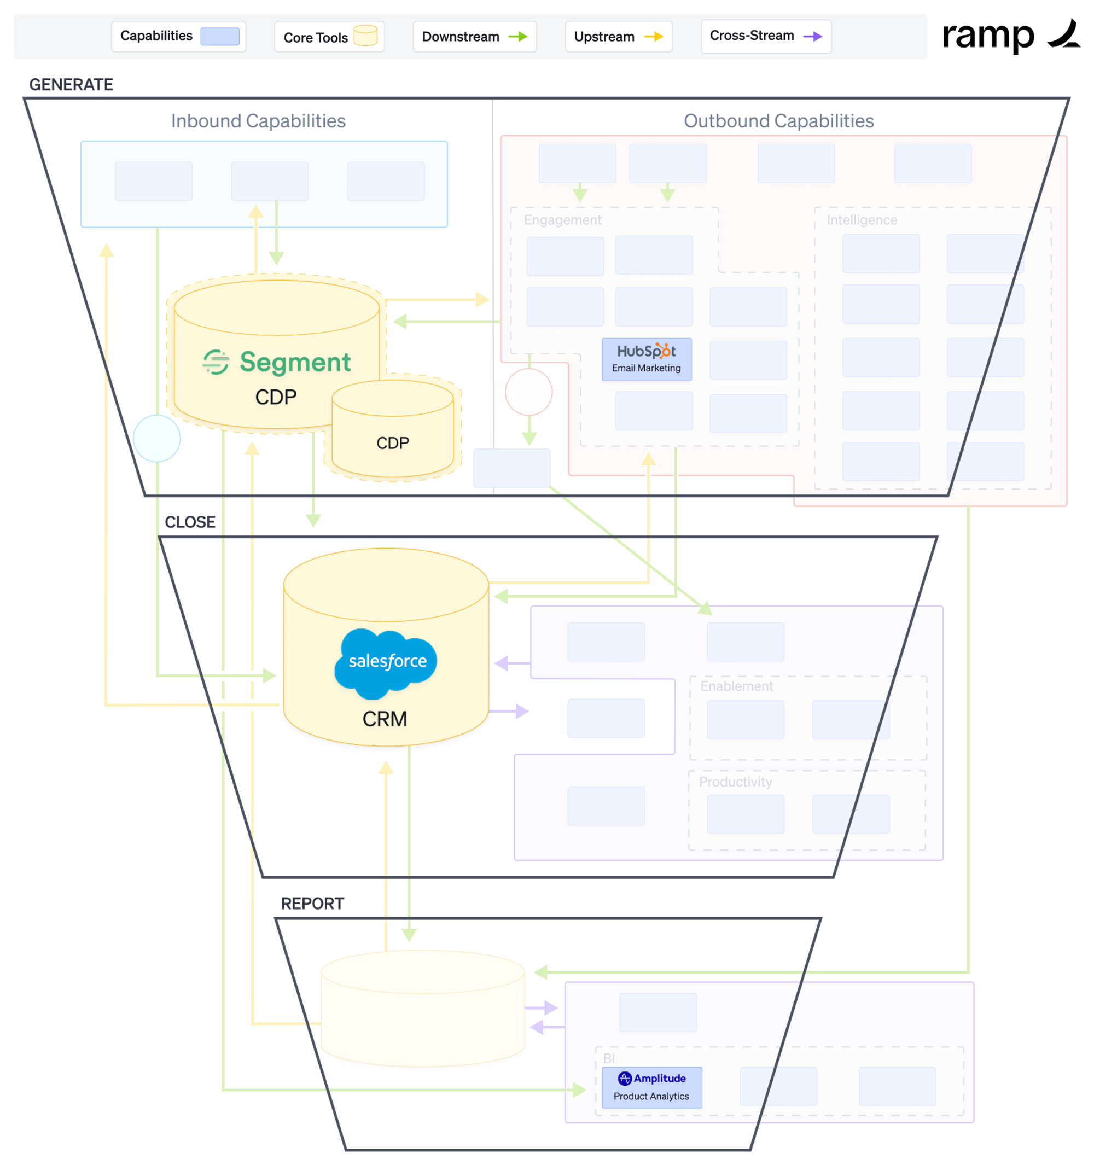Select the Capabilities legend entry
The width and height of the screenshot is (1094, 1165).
coord(178,36)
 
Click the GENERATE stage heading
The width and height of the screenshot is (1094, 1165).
coord(71,84)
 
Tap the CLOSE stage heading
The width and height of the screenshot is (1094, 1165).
coord(190,522)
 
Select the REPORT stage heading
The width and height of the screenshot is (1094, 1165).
coord(312,903)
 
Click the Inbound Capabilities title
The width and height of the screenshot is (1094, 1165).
coord(258,121)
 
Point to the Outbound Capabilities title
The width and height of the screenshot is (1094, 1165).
coord(778,121)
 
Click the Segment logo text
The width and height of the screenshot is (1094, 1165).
coord(295,362)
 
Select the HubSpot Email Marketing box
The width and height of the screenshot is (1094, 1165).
coord(647,359)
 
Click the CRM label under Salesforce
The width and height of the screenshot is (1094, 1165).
coord(385,719)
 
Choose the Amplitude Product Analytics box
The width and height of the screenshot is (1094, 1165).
coord(651,1087)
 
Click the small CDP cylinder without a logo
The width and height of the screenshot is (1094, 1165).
coord(393,431)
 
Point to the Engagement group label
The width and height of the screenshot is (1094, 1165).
coord(562,220)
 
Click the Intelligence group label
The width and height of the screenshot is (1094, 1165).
coord(862,220)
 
